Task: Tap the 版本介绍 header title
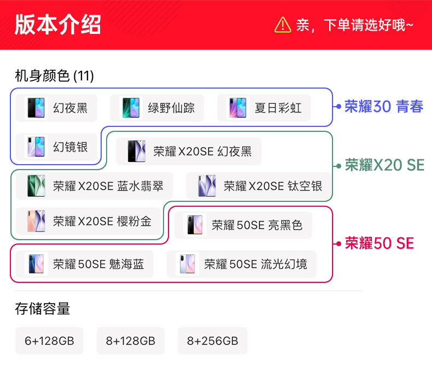click(x=58, y=25)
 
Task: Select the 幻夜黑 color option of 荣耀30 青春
click(x=56, y=108)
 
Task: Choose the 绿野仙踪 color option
click(x=157, y=108)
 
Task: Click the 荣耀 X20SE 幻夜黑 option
click(x=188, y=152)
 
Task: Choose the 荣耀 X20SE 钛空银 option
click(x=259, y=186)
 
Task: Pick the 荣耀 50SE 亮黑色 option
click(x=243, y=225)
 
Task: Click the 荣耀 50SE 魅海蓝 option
click(x=84, y=264)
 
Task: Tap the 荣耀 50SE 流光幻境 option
click(x=242, y=264)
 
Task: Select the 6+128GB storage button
click(x=49, y=341)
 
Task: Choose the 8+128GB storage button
click(x=131, y=341)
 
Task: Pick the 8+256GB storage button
click(x=212, y=341)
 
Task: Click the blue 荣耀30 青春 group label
click(x=383, y=107)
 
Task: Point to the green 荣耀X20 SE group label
click(x=384, y=165)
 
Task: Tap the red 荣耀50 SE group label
click(x=379, y=243)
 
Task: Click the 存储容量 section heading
click(x=43, y=309)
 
